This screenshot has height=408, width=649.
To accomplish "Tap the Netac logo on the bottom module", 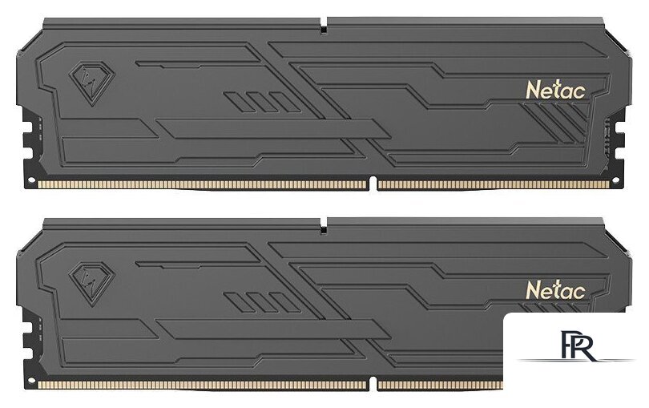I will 557,288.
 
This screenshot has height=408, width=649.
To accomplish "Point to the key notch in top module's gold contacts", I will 373,184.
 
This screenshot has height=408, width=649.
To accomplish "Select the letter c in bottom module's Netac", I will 582,289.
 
